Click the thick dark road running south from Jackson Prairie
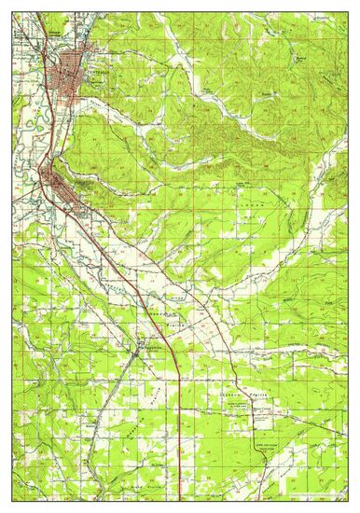click(x=257, y=438)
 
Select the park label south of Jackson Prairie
click(x=271, y=421)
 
